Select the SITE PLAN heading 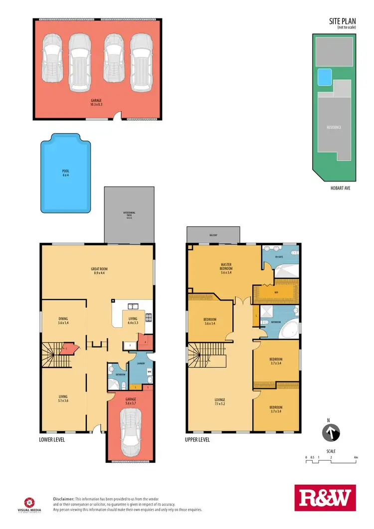tap(342, 21)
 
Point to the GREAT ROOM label tap(101, 271)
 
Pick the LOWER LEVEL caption tap(52, 440)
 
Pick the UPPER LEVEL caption tap(197, 440)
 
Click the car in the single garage tap(131, 428)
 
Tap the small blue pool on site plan tap(325, 77)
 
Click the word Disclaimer tap(64, 499)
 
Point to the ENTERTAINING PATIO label tap(129, 215)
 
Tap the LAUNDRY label tap(141, 363)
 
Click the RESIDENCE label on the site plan tap(334, 127)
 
